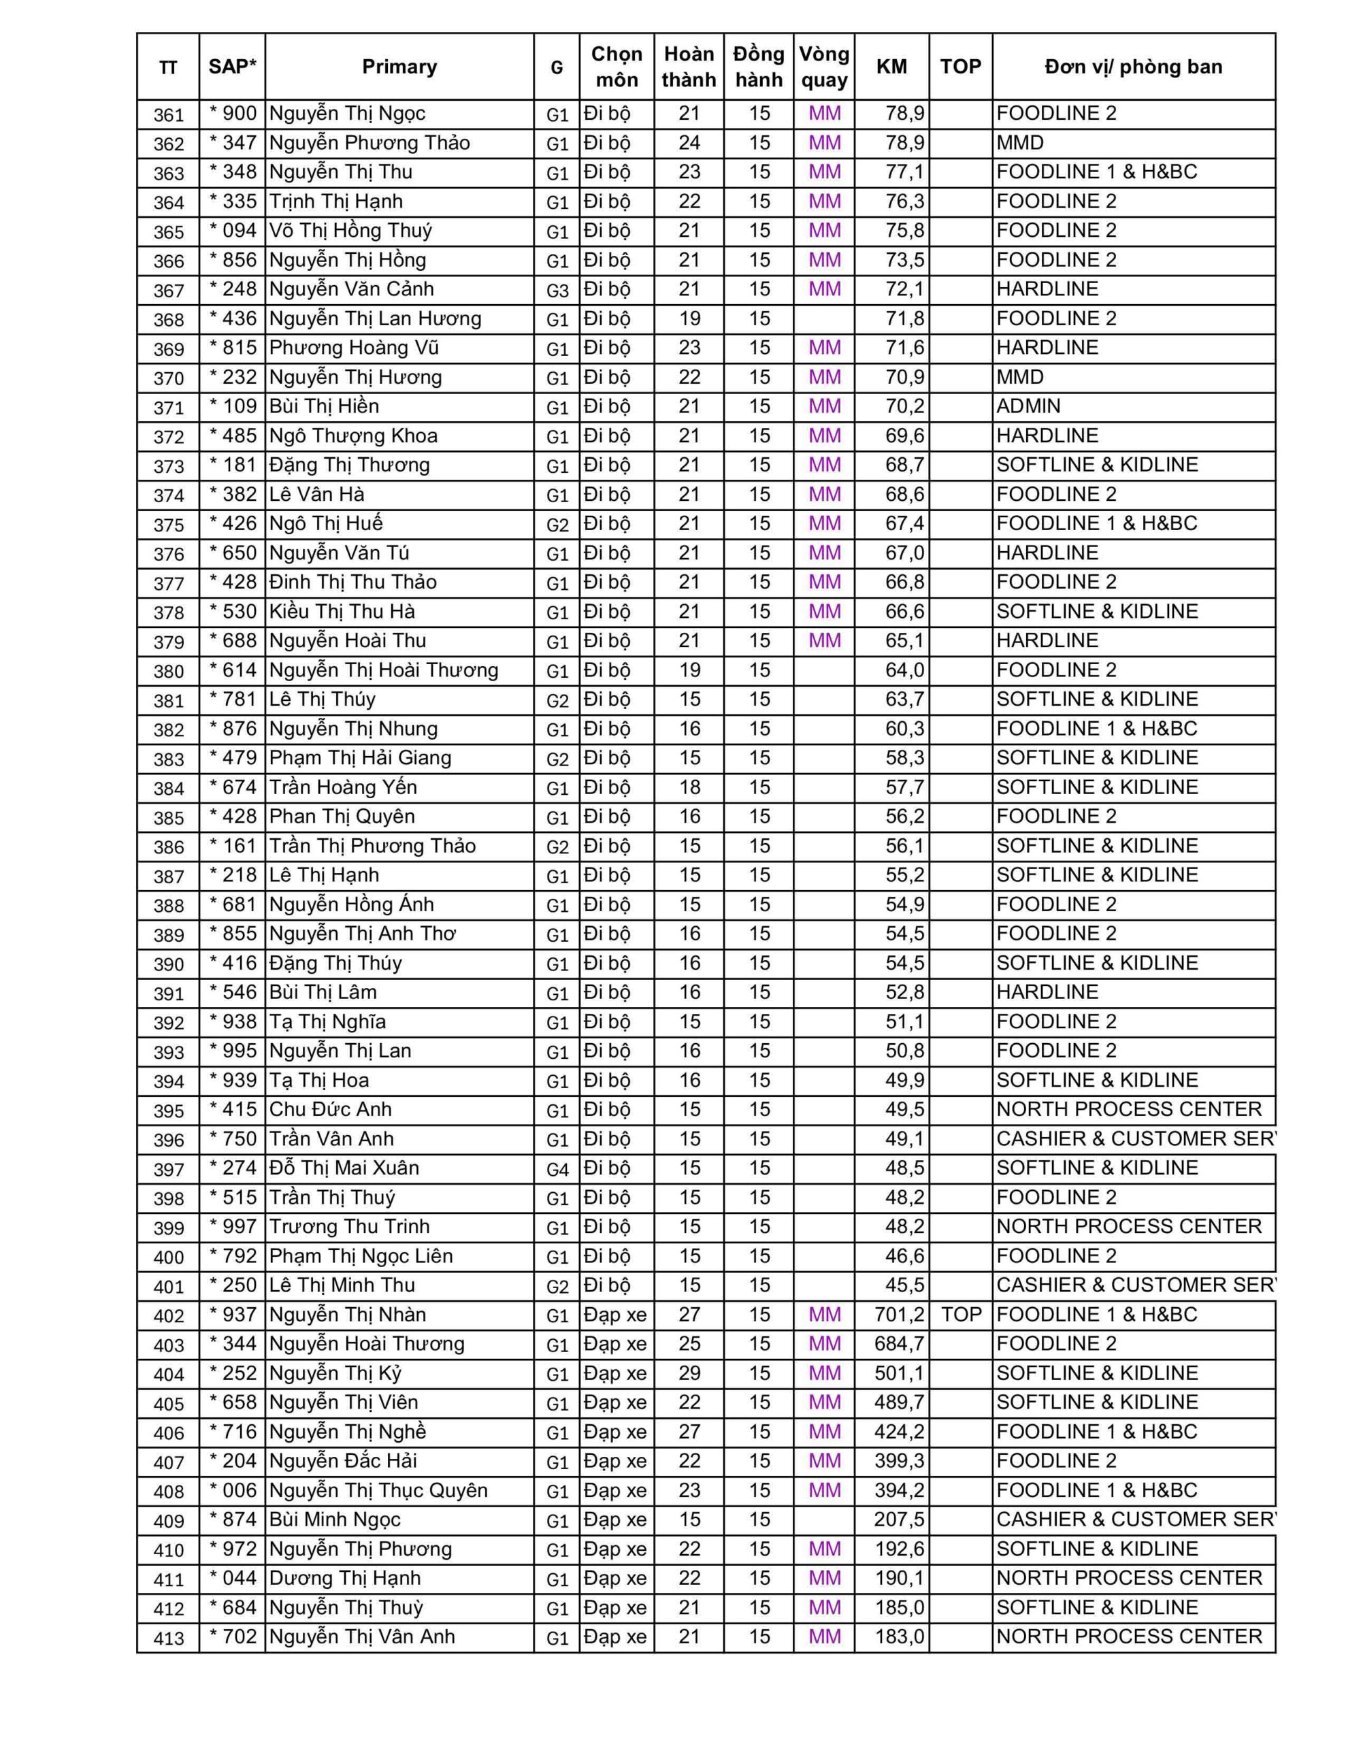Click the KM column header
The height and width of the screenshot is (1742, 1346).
tap(891, 67)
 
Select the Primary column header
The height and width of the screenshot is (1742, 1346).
tap(399, 67)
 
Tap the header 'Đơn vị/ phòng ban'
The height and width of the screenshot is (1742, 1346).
tap(1133, 67)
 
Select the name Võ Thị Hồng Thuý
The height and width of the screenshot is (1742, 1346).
tap(350, 231)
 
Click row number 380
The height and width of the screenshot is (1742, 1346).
tap(168, 671)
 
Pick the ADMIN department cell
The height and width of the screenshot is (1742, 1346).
tap(1028, 407)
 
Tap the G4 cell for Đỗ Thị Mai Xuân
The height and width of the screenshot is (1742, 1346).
tap(557, 1168)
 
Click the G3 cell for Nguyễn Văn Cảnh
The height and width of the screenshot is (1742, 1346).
tap(557, 289)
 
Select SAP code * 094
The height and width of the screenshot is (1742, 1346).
tap(233, 231)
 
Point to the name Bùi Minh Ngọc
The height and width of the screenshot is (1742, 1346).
tap(334, 1519)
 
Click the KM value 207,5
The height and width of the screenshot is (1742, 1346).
tap(899, 1519)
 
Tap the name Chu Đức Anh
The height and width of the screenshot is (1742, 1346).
tap(330, 1109)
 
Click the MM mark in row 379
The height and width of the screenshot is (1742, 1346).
tap(824, 640)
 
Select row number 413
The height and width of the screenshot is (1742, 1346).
tap(168, 1637)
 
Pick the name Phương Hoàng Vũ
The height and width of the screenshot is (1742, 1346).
tap(353, 348)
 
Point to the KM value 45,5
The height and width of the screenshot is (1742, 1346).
tap(904, 1285)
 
